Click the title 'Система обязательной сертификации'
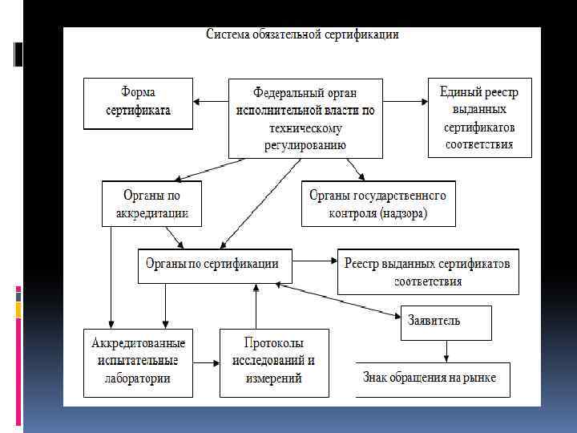pos(303,34)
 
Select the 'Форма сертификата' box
pos(139,103)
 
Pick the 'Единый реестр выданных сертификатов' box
pos(479,118)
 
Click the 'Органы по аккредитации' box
pos(151,204)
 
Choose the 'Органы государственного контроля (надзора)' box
pos(378,204)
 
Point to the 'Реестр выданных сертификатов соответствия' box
pos(428,272)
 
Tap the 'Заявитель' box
pos(446,321)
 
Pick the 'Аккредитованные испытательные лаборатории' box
pos(139,362)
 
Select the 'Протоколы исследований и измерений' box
pos(273,362)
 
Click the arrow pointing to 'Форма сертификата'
pos(211,102)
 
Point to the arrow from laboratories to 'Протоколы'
pos(207,362)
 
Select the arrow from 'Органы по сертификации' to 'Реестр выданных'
pos(314,261)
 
